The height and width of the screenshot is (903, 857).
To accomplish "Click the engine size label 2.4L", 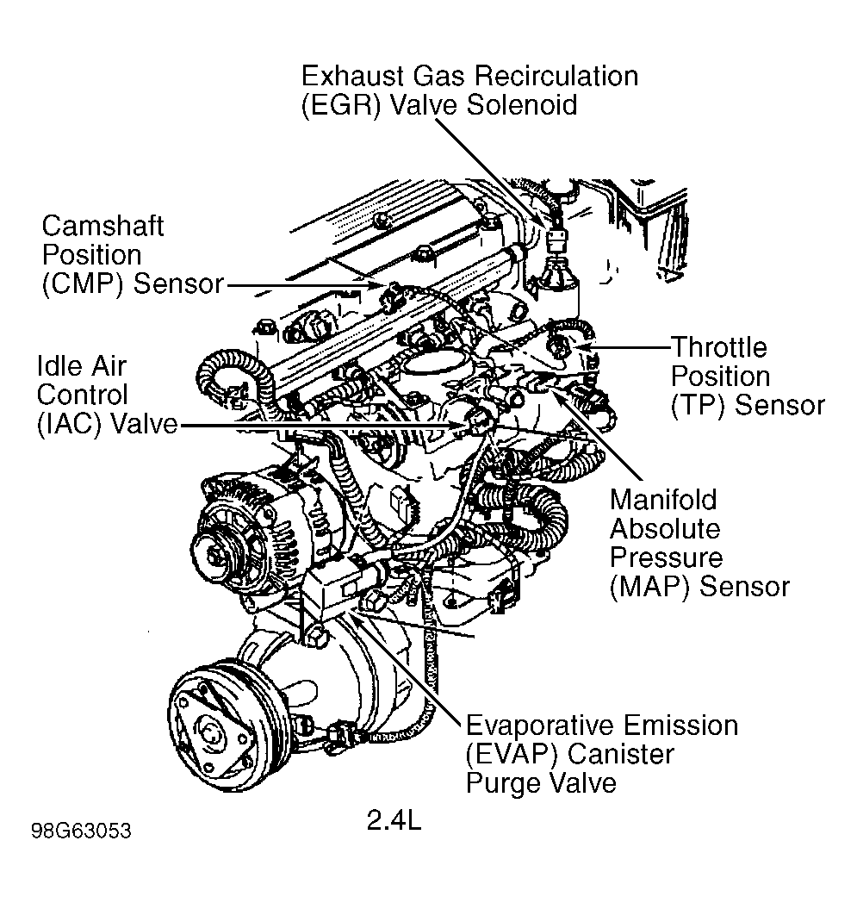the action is coord(394,820).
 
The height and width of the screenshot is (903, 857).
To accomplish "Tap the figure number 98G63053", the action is coord(81,831).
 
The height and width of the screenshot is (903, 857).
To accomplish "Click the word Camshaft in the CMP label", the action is coord(103,226).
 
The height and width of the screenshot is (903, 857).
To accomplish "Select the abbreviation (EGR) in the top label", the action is coord(341,105).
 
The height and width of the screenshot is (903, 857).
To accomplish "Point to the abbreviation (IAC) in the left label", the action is coord(70,424).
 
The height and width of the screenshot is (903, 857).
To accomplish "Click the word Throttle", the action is coord(719,347).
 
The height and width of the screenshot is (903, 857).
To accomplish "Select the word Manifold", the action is coord(663,499).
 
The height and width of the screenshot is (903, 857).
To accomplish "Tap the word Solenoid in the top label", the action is coord(521,105).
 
